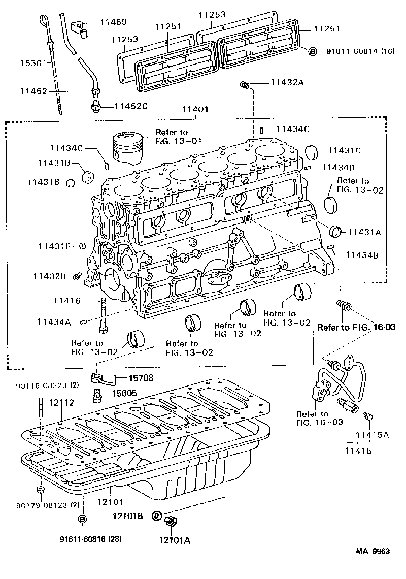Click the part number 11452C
coord(130,106)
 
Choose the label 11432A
coord(287,83)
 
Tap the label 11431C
coord(345,150)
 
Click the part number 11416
coord(66,301)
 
